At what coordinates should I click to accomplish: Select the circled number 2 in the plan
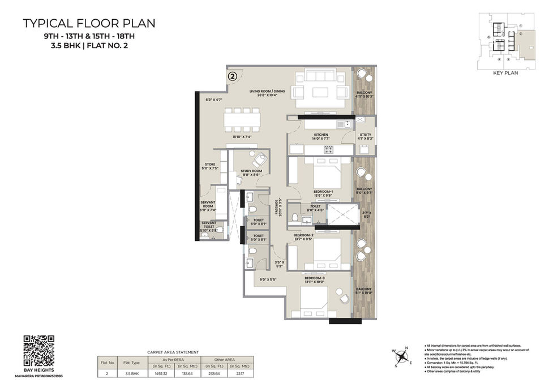pos(232,74)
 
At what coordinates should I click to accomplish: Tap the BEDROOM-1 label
pos(323,192)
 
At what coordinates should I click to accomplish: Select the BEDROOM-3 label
pos(314,278)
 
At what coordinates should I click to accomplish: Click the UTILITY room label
pos(365,135)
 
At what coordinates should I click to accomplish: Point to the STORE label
pos(210,165)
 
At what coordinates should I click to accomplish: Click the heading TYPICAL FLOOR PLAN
pos(89,24)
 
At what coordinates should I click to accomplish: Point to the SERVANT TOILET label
pos(209,225)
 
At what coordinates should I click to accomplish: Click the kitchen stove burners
pos(328,149)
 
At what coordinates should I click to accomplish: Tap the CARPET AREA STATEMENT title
pos(173,351)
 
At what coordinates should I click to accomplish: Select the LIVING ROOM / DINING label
pos(268,91)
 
